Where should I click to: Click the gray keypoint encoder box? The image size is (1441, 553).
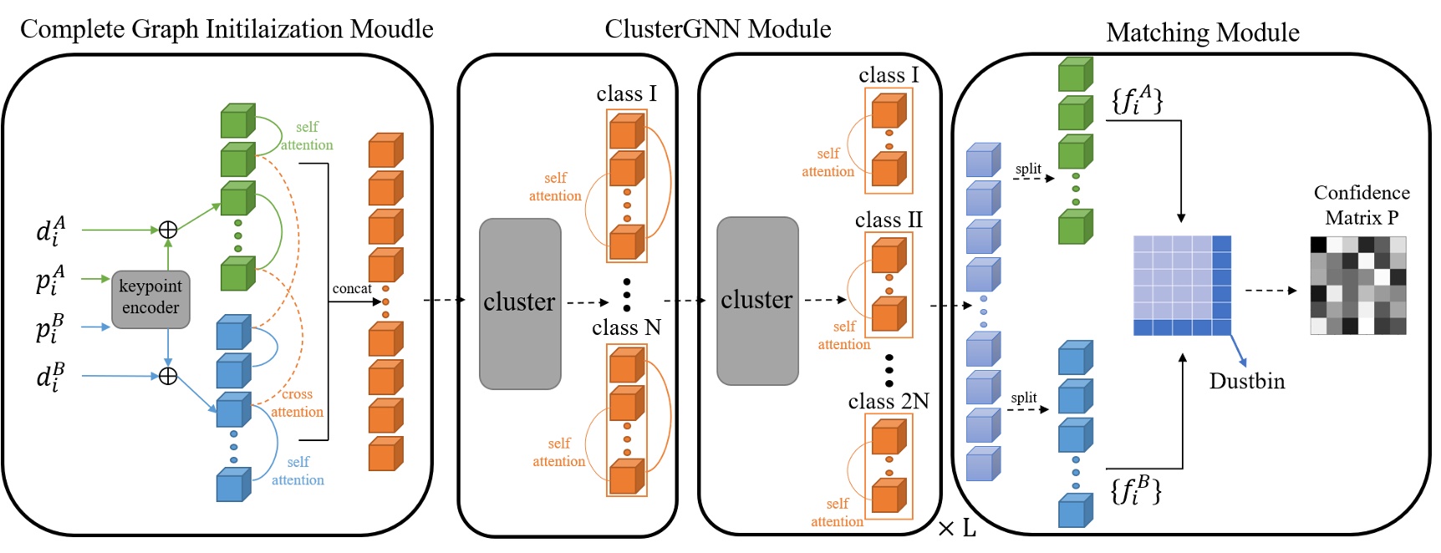tap(150, 298)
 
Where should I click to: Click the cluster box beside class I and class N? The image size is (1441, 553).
tap(519, 303)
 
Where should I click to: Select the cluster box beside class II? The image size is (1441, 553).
tap(757, 301)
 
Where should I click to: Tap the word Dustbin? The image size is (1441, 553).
tap(1246, 381)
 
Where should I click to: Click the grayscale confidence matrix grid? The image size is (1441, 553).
tap(1357, 285)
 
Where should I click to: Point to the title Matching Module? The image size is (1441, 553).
tap(1202, 33)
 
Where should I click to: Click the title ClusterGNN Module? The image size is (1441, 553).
tap(717, 29)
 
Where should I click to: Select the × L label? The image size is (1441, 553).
tap(957, 528)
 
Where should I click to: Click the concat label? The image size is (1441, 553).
tap(352, 288)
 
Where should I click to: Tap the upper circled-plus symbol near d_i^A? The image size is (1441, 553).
tap(168, 230)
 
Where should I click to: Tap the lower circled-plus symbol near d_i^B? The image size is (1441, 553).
tap(168, 376)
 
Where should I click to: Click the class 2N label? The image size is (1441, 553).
tap(888, 401)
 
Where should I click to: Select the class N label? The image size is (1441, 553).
tap(626, 327)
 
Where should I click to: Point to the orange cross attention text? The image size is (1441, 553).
tap(297, 403)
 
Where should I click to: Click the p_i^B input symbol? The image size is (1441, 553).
tap(50, 328)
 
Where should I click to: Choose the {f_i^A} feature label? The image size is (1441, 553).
tap(1136, 99)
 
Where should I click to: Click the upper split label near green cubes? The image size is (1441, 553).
tap(1027, 169)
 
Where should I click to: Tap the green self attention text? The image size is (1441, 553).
tap(307, 135)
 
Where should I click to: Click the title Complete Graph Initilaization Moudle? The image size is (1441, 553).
tap(227, 29)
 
